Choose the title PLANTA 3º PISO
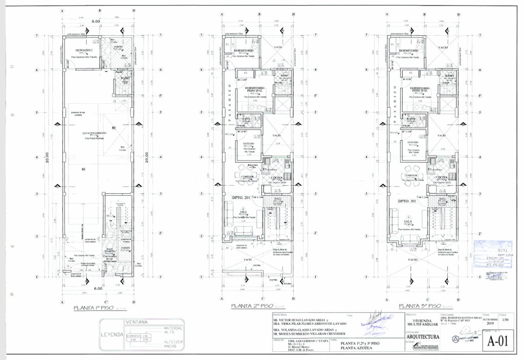(419, 306)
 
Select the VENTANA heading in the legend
(136, 322)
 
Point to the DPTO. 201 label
(241, 197)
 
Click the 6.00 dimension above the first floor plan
(96, 21)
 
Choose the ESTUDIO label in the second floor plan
(249, 144)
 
